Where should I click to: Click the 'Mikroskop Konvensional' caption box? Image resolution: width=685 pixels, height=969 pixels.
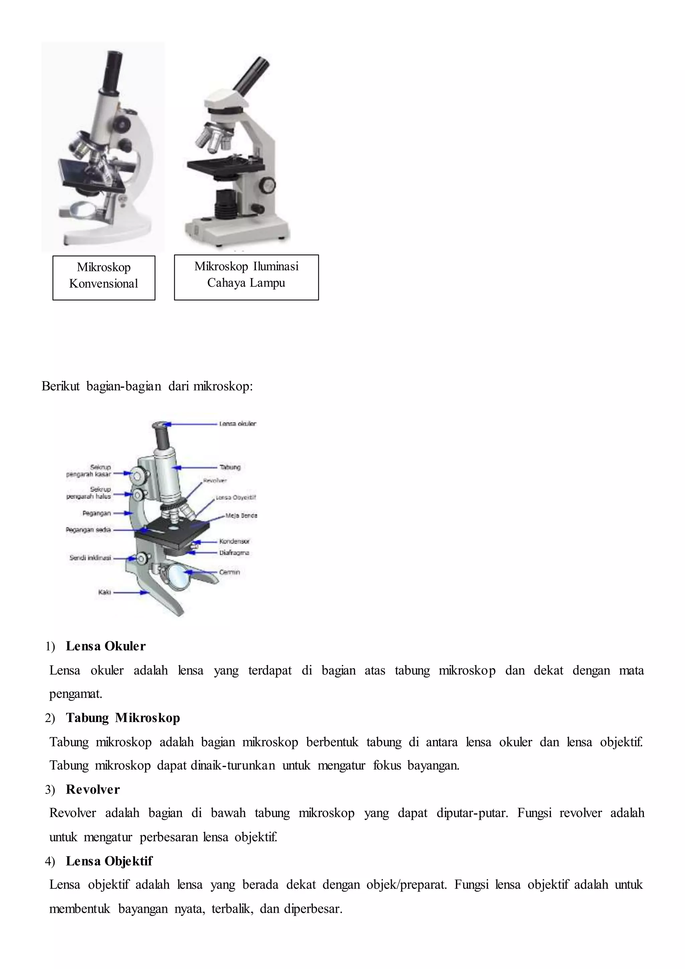point(104,277)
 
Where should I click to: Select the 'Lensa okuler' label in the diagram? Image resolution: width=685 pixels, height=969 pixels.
point(237,424)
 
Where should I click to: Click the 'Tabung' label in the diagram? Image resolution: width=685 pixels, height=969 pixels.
point(230,467)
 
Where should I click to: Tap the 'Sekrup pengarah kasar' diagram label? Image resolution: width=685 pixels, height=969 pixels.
point(89,470)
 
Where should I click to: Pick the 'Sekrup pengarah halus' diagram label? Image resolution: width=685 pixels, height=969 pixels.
point(89,493)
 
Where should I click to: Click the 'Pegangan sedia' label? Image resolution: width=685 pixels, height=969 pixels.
point(88,530)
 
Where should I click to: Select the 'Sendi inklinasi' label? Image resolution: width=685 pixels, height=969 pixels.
point(90,558)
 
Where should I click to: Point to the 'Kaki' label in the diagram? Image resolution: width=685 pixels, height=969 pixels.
point(105,592)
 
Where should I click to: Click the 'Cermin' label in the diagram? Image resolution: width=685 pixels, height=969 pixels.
point(229,572)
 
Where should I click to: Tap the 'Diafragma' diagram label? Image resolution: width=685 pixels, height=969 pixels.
point(234,553)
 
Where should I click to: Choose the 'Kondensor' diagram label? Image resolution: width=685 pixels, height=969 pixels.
point(234,541)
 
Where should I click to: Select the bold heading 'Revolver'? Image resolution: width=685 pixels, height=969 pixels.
point(93,790)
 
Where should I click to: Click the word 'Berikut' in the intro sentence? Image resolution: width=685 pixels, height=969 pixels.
point(60,386)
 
